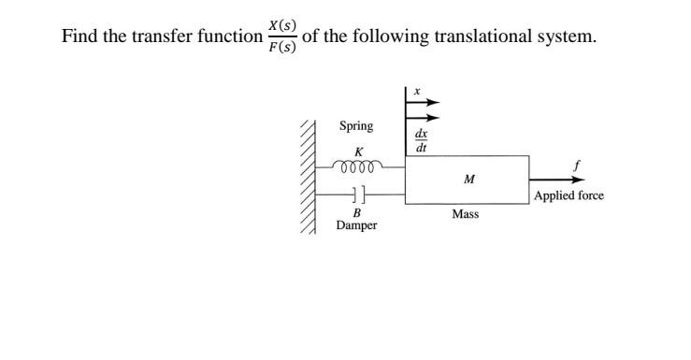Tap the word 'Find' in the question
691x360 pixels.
(x=79, y=36)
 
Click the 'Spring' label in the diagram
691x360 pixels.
(x=355, y=126)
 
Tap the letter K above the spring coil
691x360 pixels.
(x=357, y=151)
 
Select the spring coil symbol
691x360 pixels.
(x=358, y=168)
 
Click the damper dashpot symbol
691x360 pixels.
(x=358, y=194)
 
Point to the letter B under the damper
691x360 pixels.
(x=356, y=212)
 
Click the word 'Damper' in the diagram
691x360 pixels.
(x=357, y=226)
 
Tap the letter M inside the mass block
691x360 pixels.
(x=468, y=178)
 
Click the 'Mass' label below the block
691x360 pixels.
(x=465, y=214)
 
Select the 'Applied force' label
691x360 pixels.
(x=569, y=195)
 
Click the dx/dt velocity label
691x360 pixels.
(x=421, y=140)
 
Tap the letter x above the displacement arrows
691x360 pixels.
(x=417, y=92)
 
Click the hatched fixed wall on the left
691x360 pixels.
(x=308, y=178)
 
